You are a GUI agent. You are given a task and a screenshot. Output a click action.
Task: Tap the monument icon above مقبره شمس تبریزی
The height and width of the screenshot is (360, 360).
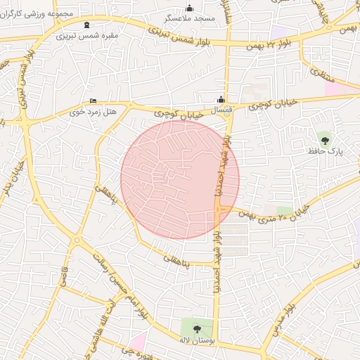click(x=86, y=25)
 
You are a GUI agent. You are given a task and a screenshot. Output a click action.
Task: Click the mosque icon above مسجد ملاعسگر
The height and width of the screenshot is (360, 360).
click(x=189, y=8)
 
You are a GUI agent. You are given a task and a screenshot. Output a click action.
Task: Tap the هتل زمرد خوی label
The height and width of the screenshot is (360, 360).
click(x=86, y=111)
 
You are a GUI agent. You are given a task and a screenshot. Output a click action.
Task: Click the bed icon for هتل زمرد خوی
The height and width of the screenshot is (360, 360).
click(x=94, y=101)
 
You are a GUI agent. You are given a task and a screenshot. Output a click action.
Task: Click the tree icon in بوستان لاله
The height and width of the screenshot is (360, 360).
click(x=197, y=328)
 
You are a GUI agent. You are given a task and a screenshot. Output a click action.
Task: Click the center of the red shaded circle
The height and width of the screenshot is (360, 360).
click(x=180, y=180)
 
